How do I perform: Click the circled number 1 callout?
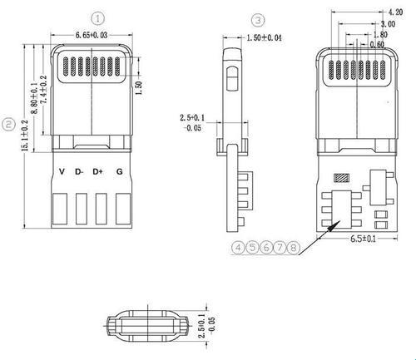98,18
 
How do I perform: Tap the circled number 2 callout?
8,124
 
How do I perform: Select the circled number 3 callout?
258,20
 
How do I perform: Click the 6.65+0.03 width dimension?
92,35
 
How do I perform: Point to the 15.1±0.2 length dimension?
25,136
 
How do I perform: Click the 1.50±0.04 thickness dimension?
264,37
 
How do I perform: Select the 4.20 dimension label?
395,12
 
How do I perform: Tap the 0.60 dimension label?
377,44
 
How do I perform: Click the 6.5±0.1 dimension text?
364,239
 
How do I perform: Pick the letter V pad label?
62,171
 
